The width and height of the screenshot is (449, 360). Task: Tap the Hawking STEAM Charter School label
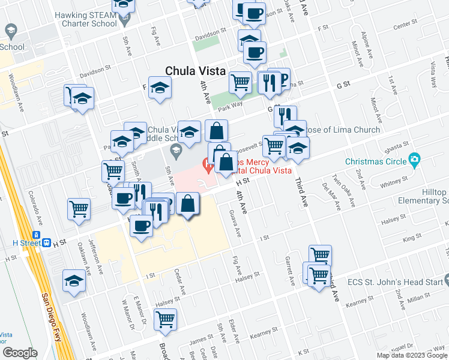pos(86,19)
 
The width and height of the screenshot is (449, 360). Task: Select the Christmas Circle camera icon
pos(414,160)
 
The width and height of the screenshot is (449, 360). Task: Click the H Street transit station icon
pos(37,242)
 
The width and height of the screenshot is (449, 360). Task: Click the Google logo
pos(20,353)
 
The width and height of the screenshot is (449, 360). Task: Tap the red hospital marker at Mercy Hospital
pos(209,164)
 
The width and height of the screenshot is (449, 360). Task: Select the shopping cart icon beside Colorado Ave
pos(79,209)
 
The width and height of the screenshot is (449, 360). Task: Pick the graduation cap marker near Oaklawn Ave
pos(74,280)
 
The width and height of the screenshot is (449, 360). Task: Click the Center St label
pos(405,26)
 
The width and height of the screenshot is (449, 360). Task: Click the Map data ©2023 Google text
pos(412,355)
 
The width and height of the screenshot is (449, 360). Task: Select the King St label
pos(412,238)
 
